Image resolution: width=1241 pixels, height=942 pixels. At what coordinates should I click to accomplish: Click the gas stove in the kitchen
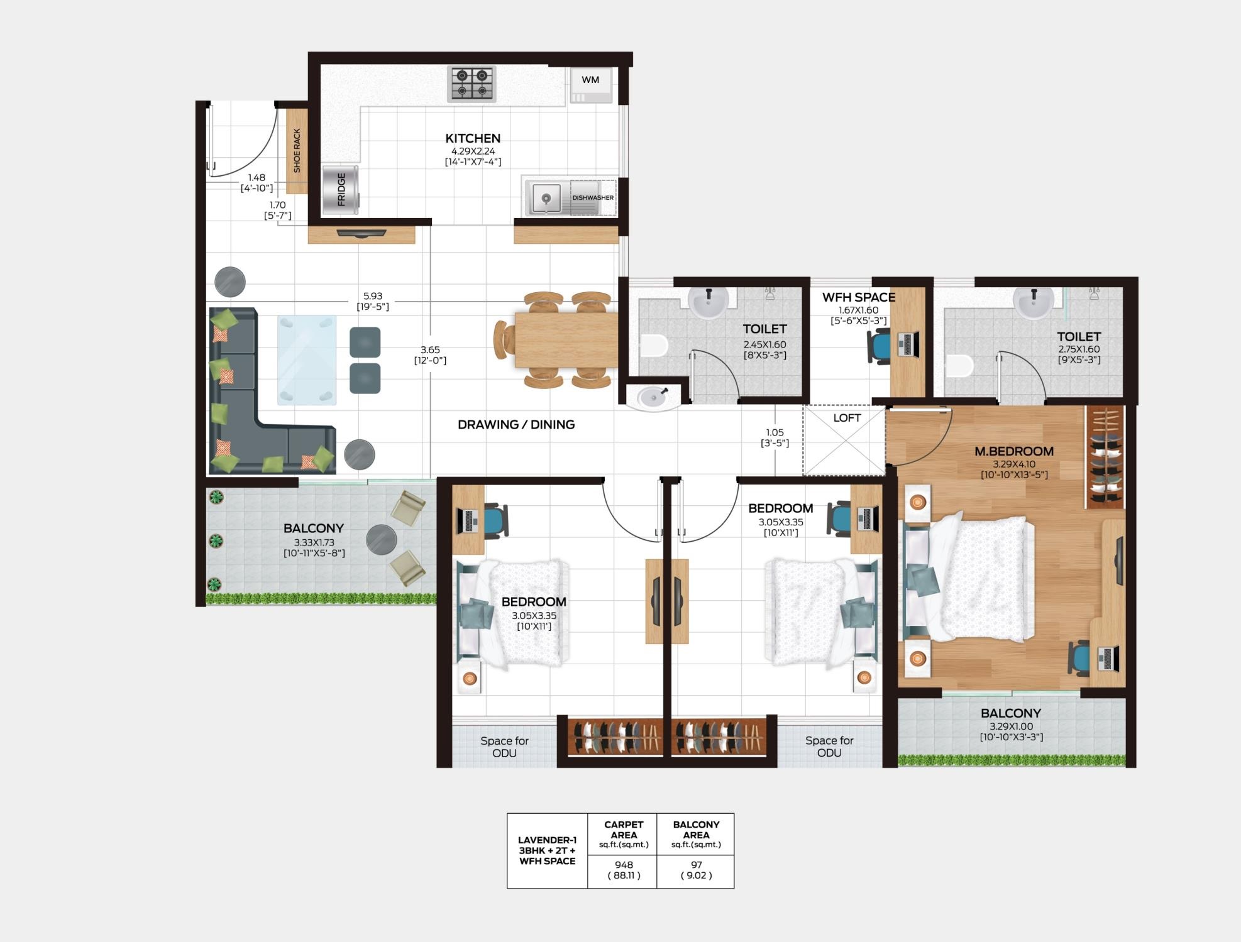pos(472,84)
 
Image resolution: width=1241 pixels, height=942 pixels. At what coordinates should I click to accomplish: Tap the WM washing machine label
pos(590,80)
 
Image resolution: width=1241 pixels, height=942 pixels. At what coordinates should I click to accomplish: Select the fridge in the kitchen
pos(341,190)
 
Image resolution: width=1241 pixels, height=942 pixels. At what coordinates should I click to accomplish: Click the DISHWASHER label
pos(593,198)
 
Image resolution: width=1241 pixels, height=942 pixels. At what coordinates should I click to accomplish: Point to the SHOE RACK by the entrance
pos(297,151)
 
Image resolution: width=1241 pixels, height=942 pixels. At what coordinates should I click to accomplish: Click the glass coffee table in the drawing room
pos(307,360)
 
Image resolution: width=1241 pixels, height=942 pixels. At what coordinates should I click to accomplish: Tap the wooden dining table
pos(566,340)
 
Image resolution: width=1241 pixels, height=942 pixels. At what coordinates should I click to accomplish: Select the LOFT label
pos(847,418)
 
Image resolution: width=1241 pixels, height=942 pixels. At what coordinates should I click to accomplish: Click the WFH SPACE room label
pos(859,297)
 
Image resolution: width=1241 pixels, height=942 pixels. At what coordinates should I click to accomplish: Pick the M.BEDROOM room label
pos(1014,451)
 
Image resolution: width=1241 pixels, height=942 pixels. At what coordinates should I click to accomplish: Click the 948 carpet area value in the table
pos(624,865)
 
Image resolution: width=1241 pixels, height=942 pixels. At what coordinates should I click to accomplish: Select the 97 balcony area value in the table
pos(696,865)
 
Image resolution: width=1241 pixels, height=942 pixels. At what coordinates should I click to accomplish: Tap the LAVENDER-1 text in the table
pos(547,840)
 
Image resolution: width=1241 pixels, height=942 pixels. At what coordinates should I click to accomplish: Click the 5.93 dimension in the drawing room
pos(373,296)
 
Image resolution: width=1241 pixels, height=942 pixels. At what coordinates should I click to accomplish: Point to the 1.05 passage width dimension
pos(775,432)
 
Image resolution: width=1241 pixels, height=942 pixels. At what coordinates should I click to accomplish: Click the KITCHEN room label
pos(473,138)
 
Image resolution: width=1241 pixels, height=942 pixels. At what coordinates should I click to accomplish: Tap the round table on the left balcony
pos(381,539)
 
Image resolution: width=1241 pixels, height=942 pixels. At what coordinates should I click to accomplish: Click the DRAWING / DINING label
pos(516,425)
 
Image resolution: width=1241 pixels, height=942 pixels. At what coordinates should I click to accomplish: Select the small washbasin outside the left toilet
pos(654,397)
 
